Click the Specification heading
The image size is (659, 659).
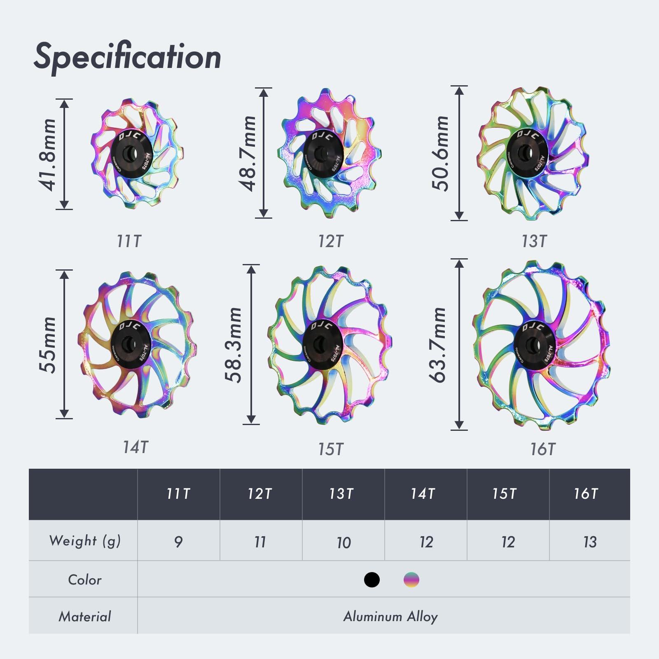[x=127, y=57]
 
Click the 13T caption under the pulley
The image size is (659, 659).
[x=534, y=241]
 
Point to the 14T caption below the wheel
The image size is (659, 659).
[x=135, y=447]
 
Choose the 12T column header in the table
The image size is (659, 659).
[x=260, y=493]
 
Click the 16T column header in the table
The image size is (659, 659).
[x=586, y=493]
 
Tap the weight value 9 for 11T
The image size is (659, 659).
[x=178, y=542]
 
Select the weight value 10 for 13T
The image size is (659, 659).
[x=343, y=542]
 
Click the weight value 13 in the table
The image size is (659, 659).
[x=589, y=542]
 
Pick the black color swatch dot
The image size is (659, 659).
[x=372, y=580]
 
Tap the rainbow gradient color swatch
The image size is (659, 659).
[x=411, y=580]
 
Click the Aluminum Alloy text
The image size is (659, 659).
[x=390, y=617]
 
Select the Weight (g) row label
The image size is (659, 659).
[x=85, y=541]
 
